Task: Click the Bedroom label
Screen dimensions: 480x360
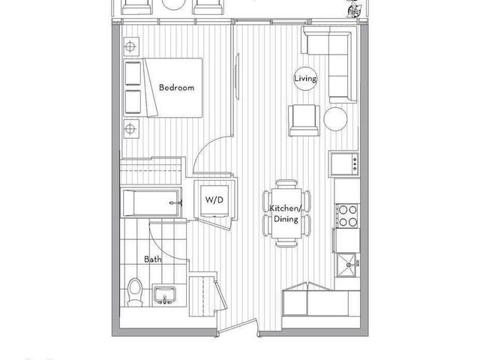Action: tap(177, 88)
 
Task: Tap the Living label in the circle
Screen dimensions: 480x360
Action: tap(305, 79)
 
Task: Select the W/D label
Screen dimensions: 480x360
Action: tap(214, 200)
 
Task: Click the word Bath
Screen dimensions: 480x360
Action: tap(153, 259)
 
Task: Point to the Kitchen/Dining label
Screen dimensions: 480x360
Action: tap(286, 214)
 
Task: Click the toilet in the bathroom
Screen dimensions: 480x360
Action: tap(135, 292)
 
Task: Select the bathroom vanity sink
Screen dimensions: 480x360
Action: tap(165, 295)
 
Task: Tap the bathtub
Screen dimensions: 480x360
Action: tap(151, 203)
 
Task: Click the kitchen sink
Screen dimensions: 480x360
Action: tap(347, 265)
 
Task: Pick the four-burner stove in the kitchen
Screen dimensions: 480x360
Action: tap(347, 216)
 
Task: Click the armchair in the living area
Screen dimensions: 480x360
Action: tap(304, 120)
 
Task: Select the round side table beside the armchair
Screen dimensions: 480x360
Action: tap(335, 119)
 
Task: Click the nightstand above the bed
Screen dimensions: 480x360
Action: tap(131, 46)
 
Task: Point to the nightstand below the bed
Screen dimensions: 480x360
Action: tap(131, 128)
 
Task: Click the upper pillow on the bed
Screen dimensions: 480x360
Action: tap(133, 73)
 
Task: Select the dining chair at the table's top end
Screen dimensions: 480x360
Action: tap(286, 184)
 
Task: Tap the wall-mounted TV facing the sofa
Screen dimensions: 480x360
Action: tap(237, 76)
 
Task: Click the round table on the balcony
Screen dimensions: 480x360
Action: tap(173, 4)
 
